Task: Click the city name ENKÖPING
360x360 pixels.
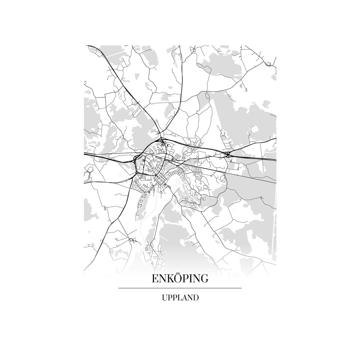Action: tap(180, 279)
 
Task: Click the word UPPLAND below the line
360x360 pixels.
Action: tap(180, 298)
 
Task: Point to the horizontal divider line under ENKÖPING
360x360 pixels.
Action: tap(180, 288)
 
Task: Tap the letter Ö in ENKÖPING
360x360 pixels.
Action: tap(177, 278)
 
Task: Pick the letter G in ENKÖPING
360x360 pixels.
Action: tap(204, 279)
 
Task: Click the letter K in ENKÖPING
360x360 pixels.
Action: tap(169, 279)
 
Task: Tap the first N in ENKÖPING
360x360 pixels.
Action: tap(162, 279)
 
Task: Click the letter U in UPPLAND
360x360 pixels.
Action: tap(165, 298)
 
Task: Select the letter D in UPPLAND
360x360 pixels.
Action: tap(196, 298)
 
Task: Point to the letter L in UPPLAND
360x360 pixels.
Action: tap(179, 298)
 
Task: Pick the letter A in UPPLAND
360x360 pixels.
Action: tap(184, 298)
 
